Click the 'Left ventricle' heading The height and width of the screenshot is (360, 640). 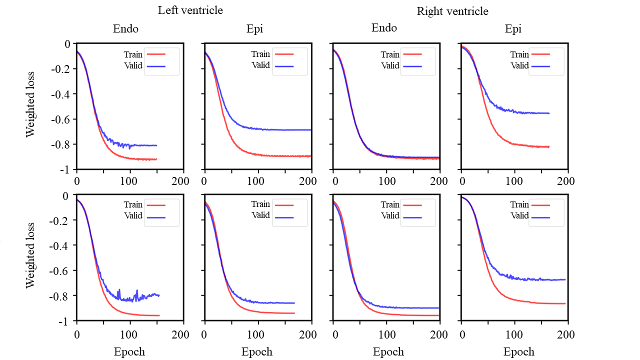click(190, 10)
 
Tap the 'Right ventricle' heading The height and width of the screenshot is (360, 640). click(452, 11)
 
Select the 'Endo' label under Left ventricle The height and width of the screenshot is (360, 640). click(125, 29)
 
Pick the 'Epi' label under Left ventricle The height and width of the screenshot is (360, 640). click(254, 29)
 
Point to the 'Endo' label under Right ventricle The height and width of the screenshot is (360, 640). click(384, 28)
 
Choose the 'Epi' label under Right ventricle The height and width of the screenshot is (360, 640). click(513, 29)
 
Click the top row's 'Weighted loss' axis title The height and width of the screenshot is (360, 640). click(31, 106)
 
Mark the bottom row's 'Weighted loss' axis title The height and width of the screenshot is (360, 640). click(31, 255)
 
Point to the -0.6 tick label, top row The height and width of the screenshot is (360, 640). click(61, 119)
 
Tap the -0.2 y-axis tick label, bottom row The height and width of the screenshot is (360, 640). click(61, 220)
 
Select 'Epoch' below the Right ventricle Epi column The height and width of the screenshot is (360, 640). click(518, 352)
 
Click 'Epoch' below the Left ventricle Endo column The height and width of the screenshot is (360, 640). click(129, 352)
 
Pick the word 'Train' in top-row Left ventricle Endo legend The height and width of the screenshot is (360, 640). click(133, 54)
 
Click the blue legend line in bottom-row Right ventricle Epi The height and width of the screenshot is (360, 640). click(540, 217)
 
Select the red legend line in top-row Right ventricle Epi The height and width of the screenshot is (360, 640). click(540, 54)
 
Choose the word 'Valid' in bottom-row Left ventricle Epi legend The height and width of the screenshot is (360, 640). click(260, 215)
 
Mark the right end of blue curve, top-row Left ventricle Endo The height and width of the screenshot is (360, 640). click(156, 145)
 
